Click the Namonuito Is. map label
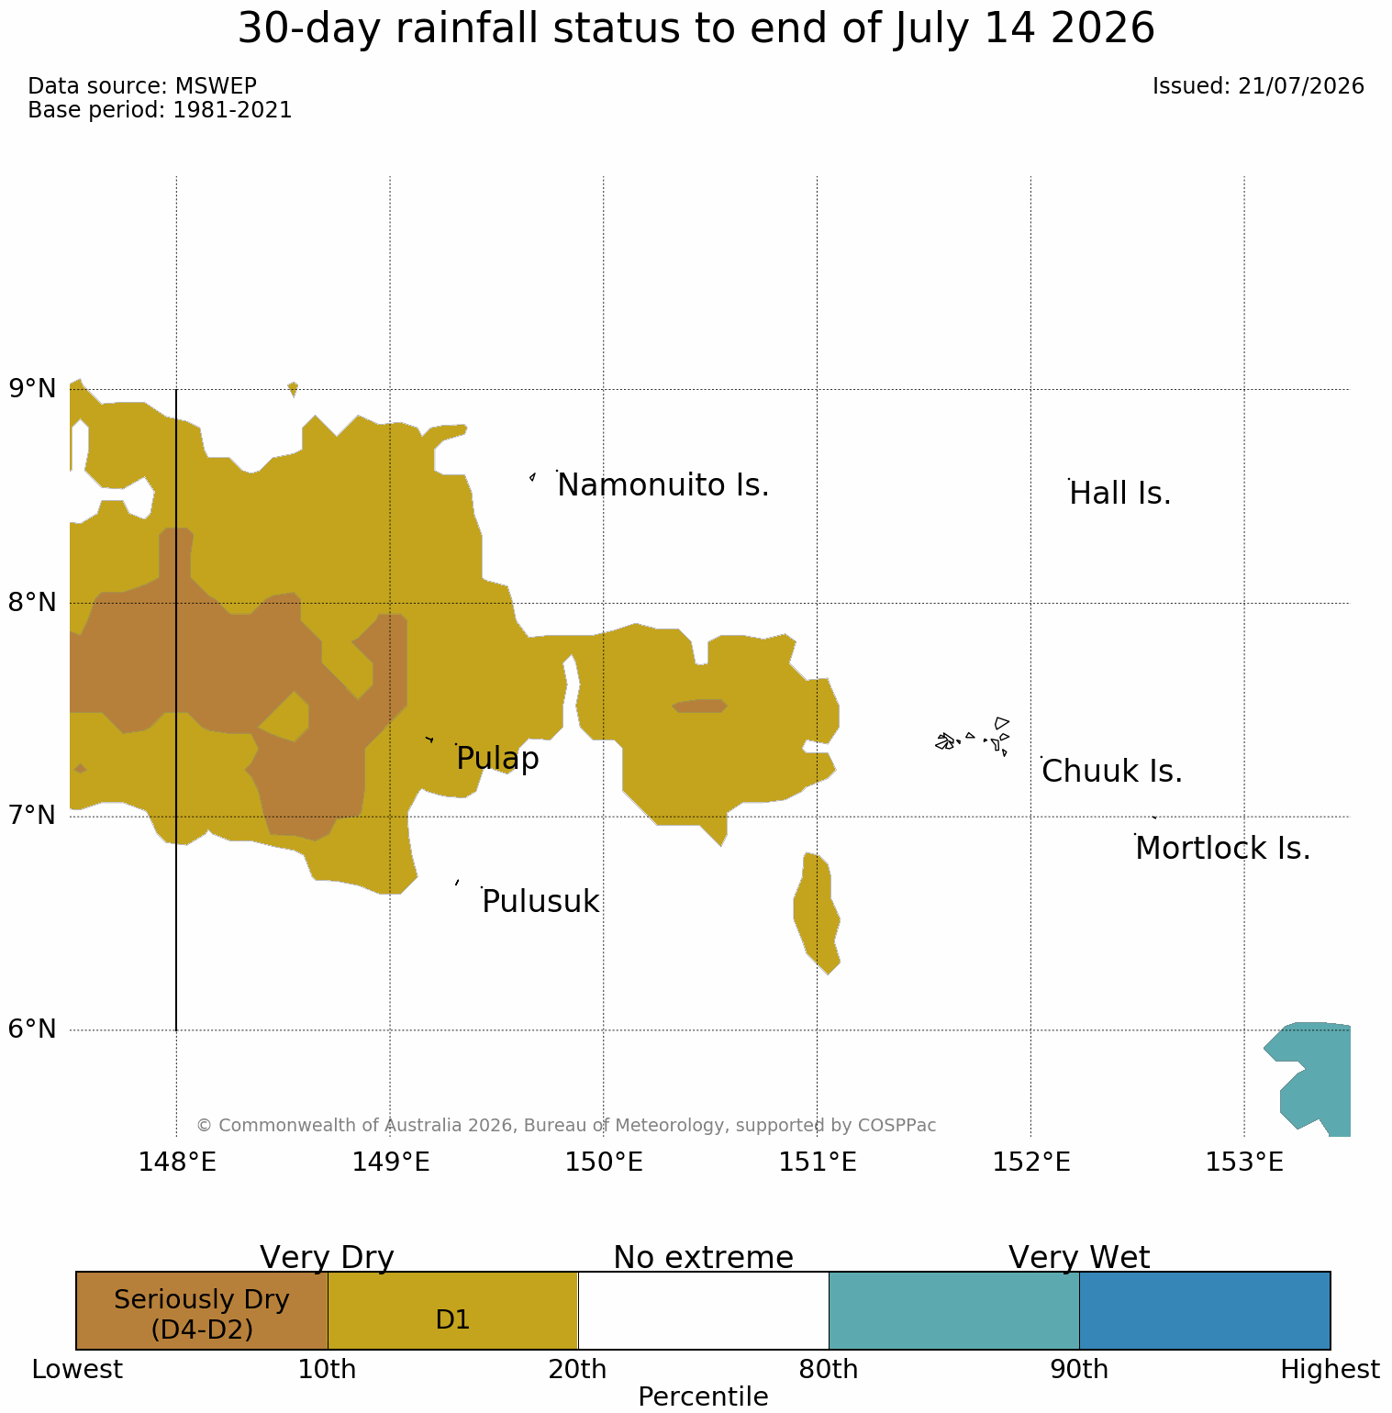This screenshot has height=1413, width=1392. [663, 484]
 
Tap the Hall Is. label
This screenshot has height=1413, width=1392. [1120, 494]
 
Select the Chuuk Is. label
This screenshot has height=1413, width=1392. [1112, 772]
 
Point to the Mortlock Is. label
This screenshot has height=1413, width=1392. [1222, 848]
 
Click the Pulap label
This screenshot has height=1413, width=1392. [497, 759]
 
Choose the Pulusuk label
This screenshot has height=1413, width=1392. [540, 902]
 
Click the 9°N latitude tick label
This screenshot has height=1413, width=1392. [33, 389]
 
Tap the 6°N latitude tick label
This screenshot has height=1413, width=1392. [33, 1029]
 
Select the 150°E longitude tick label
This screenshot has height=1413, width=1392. [603, 1163]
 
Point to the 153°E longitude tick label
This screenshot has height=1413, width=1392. [1243, 1163]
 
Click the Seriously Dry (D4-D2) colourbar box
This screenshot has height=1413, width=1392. [202, 1310]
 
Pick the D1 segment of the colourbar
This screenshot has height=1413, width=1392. [452, 1310]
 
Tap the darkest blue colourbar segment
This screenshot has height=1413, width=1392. [1205, 1310]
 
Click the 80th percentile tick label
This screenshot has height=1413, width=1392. [829, 1370]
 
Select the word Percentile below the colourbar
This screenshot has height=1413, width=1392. [703, 1396]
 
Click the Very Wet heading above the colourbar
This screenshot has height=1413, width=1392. [1079, 1257]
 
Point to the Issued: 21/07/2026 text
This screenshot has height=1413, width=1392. [1258, 86]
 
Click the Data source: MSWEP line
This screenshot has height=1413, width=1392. [142, 86]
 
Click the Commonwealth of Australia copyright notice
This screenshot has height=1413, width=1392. [566, 1125]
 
